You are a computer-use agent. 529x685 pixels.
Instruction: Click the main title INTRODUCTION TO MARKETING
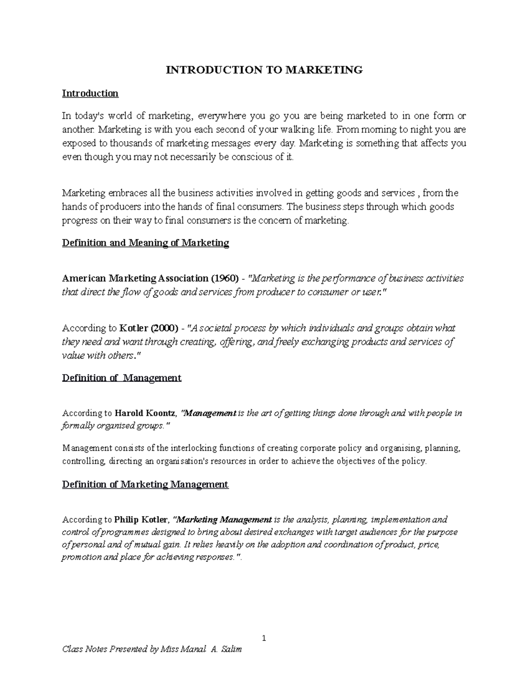pos(264,70)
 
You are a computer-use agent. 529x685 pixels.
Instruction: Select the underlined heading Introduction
pos(90,93)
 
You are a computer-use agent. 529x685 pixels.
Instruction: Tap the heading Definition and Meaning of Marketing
pos(145,243)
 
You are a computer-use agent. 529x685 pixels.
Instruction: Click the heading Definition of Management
pos(122,378)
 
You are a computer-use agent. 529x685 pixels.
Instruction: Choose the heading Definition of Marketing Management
pos(145,484)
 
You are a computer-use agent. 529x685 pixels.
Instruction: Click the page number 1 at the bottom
pos(264,638)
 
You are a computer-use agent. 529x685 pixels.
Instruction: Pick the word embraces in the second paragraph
pos(126,193)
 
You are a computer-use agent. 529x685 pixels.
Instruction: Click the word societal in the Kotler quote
pos(215,328)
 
